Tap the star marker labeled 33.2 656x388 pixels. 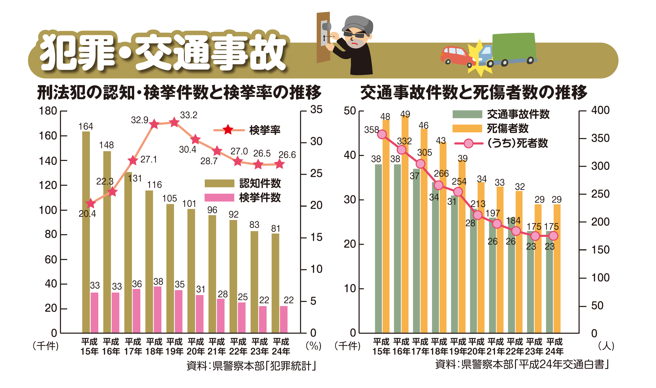click(x=174, y=122)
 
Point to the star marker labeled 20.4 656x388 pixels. click(x=90, y=203)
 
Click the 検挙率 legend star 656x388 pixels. click(x=228, y=130)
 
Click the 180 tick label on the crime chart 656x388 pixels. click(x=48, y=111)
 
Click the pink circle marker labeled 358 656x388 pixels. click(x=382, y=134)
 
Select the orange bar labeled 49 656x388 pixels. click(x=405, y=225)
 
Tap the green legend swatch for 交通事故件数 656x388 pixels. click(x=467, y=114)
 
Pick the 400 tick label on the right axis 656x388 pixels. click(x=600, y=110)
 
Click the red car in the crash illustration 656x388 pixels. click(x=456, y=55)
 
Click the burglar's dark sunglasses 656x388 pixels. click(x=354, y=34)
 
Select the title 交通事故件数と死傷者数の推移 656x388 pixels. click(x=474, y=93)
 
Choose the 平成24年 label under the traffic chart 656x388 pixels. click(x=554, y=346)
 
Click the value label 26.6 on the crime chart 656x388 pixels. click(x=287, y=155)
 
